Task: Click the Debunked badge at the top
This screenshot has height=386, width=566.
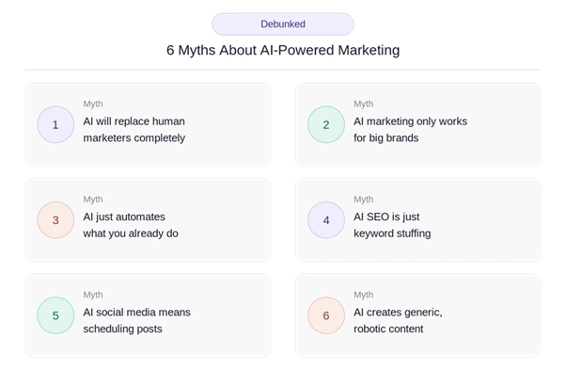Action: pos(283,24)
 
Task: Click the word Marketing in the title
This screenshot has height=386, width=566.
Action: pos(369,50)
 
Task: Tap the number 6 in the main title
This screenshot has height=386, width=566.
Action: pos(170,50)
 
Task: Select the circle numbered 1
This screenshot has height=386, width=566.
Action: pos(55,124)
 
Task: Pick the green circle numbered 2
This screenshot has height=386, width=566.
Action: pos(326,124)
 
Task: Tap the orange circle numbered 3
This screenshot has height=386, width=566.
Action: pos(55,220)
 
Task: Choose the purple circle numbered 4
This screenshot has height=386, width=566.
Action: pos(326,220)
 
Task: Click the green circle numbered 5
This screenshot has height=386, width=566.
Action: pos(55,315)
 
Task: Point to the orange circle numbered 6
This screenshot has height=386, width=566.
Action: pos(326,315)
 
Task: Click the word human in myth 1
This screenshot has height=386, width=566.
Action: pos(168,121)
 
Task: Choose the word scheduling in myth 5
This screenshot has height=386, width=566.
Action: pos(107,330)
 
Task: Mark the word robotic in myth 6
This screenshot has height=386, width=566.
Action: pos(369,329)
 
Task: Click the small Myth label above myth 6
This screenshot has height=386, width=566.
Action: pos(364,295)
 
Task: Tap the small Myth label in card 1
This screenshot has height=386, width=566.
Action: pos(93,105)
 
